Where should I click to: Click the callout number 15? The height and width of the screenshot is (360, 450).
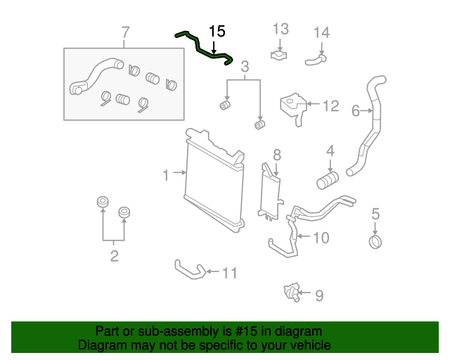(217, 31)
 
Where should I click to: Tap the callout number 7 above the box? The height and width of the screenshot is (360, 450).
(125, 32)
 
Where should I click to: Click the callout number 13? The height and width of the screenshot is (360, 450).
(281, 29)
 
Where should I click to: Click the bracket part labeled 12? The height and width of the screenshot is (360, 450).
(293, 106)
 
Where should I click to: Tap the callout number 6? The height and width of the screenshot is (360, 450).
(355, 110)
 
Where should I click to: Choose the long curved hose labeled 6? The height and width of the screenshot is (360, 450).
(371, 127)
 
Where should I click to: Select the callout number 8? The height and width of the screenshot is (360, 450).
(276, 155)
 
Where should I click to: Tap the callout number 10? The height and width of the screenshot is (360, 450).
(320, 238)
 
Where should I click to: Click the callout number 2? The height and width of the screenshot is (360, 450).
(114, 256)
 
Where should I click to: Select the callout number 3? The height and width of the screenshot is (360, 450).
(245, 67)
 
